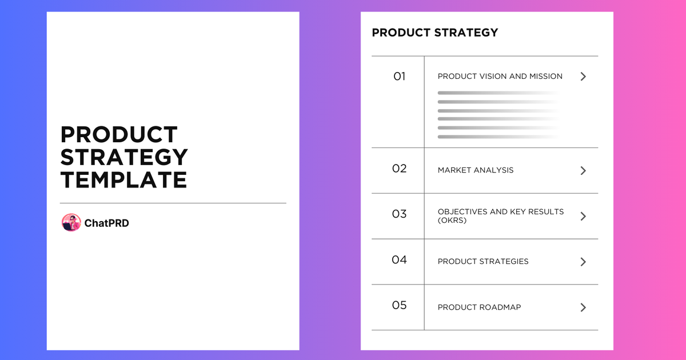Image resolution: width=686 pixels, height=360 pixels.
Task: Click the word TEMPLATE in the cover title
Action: [123, 179]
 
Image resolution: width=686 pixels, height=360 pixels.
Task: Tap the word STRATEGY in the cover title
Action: [124, 157]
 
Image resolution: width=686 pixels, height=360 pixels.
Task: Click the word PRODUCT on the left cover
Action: [119, 135]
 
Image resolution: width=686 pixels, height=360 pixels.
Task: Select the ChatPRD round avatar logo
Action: [71, 223]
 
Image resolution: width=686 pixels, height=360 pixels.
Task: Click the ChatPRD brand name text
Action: [106, 223]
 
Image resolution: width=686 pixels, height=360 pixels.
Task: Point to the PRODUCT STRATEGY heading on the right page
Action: [434, 33]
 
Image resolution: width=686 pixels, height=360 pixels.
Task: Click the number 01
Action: [399, 76]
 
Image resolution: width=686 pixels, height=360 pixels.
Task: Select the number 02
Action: [399, 169]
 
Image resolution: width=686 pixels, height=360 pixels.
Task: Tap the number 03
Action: [399, 214]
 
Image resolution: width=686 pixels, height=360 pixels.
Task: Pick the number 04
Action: [399, 260]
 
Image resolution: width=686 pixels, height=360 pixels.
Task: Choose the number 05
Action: [399, 305]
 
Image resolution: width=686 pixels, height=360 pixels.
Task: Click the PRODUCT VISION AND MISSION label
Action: [500, 77]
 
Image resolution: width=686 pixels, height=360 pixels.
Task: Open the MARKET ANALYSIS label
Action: [476, 170]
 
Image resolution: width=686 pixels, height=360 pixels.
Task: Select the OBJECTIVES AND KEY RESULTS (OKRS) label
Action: [501, 215]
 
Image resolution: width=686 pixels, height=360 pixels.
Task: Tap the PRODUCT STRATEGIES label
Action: [483, 262]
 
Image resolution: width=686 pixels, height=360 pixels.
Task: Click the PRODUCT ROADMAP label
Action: [479, 307]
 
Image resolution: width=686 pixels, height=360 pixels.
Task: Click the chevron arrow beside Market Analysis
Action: [583, 170]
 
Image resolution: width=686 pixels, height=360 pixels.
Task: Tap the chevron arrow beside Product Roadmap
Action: [583, 307]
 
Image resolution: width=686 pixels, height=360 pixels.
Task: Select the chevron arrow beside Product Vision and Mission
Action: [583, 77]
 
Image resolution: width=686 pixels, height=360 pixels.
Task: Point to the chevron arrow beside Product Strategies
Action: [583, 262]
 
